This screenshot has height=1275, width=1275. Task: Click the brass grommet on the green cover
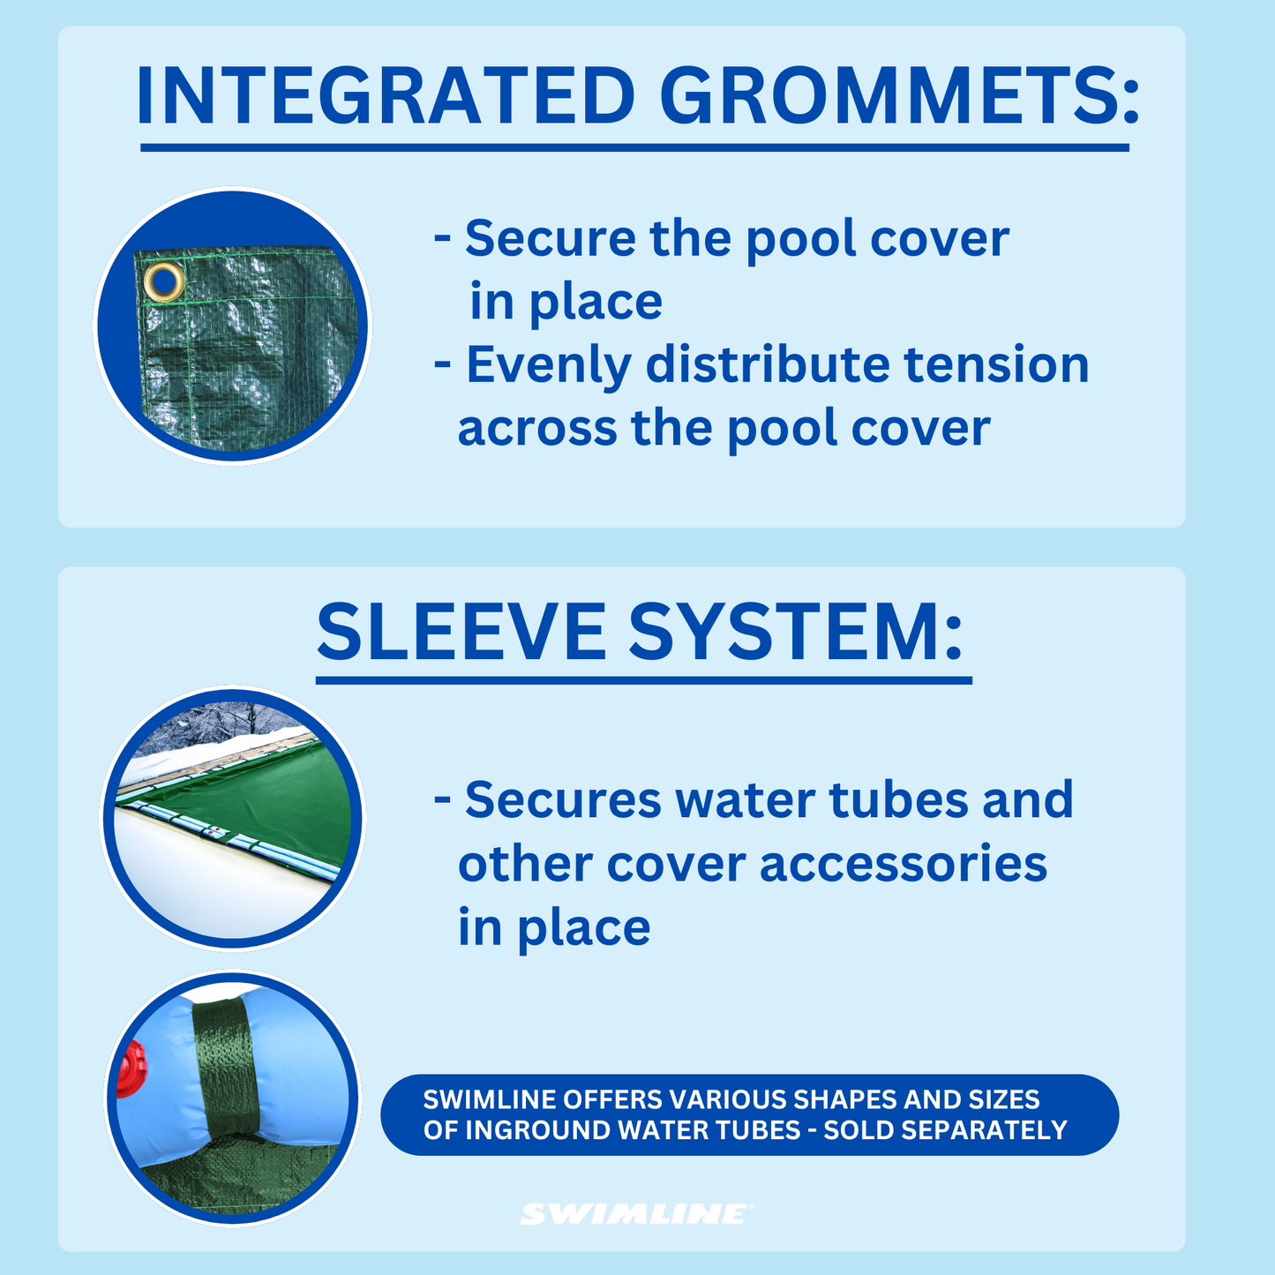(x=164, y=281)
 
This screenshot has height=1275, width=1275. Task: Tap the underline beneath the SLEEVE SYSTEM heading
(x=643, y=680)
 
